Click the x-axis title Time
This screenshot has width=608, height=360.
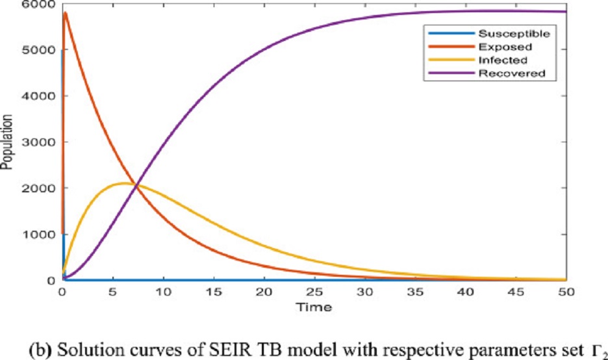[x=314, y=306]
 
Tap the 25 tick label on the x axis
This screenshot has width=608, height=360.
[x=314, y=292]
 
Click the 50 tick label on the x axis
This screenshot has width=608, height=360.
[x=566, y=292]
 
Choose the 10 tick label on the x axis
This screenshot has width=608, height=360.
[x=162, y=292]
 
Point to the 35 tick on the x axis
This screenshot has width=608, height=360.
[x=414, y=292]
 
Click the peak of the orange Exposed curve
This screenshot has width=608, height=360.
[x=65, y=13]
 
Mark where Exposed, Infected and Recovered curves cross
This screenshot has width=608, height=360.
[x=136, y=186]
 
